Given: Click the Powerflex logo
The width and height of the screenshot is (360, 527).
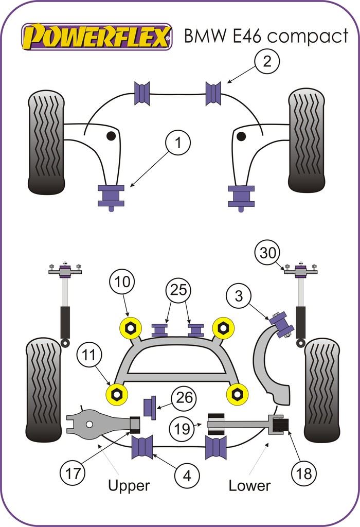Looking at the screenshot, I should coord(96,37).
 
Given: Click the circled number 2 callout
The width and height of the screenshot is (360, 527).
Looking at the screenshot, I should coord(266,62).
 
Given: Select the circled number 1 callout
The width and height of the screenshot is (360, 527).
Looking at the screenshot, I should coord(177,143).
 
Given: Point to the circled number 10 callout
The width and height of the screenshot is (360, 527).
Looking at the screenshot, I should coord(121,282).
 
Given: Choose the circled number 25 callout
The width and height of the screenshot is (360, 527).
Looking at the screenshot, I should coord(178,290).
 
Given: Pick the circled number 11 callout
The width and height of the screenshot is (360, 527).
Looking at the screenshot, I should coord(91,355).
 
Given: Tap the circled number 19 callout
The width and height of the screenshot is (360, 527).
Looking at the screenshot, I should coord(182,428).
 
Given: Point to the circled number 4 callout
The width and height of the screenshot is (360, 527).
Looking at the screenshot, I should coord(187,476).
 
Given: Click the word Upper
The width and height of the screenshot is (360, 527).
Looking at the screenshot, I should coord(129,485).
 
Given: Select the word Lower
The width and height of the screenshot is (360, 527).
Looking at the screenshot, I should coord(249,485).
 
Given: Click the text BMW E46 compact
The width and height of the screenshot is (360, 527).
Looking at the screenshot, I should coord(266,36).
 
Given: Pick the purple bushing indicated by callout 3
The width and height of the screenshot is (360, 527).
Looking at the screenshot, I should coord(282,325).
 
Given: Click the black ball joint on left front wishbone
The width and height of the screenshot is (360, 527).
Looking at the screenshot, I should coord(111,136).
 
